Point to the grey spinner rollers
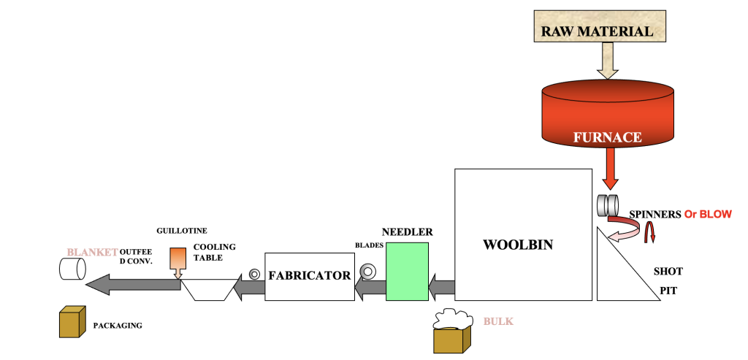pyautogui.click(x=608, y=205)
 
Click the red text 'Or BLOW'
pyautogui.click(x=710, y=215)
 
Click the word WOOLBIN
pyautogui.click(x=518, y=245)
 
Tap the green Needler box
pyautogui.click(x=407, y=271)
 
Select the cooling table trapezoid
pyautogui.click(x=208, y=290)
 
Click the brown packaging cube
pyautogui.click(x=73, y=322)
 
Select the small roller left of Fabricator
pyautogui.click(x=254, y=274)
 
